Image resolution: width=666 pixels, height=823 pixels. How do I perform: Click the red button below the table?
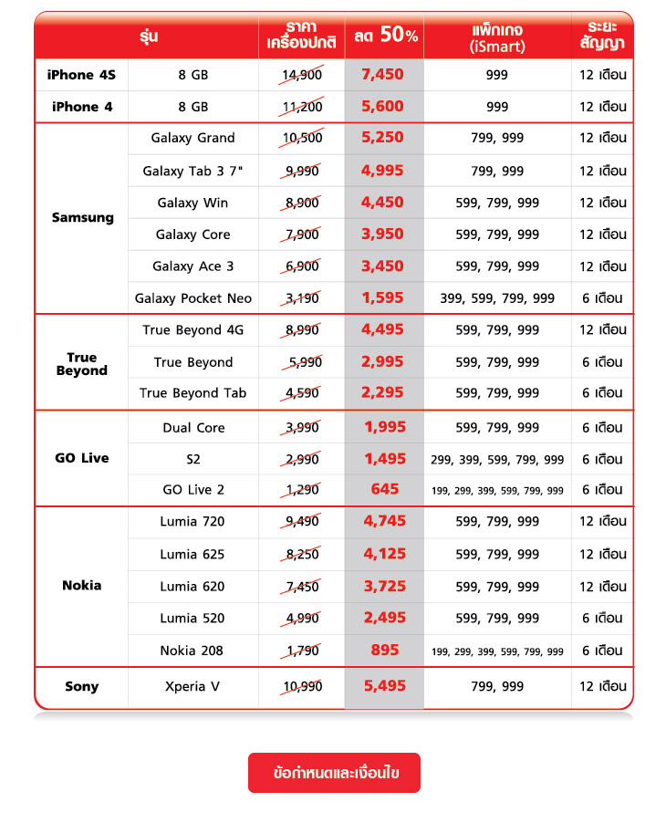(334, 773)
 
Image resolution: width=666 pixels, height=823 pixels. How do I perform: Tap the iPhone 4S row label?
(81, 75)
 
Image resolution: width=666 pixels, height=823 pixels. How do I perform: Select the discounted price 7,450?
(382, 75)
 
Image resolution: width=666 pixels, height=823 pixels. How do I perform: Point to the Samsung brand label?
(83, 218)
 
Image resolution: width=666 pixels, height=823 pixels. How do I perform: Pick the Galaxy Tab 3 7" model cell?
(193, 171)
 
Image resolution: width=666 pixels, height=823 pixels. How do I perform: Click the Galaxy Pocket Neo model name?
(193, 298)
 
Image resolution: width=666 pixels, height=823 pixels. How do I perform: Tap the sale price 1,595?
(382, 298)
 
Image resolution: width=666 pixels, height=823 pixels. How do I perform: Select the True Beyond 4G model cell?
(193, 330)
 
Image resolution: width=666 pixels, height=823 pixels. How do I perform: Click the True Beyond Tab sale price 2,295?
(382, 393)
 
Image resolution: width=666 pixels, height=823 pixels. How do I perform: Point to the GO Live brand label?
(82, 458)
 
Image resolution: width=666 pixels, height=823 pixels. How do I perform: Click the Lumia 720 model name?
(193, 522)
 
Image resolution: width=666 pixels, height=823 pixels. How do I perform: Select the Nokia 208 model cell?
(192, 651)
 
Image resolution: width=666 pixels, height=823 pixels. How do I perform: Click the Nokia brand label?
(82, 586)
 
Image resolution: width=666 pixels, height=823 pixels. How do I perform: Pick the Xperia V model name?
(193, 687)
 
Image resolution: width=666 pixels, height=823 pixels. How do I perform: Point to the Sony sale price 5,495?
(384, 687)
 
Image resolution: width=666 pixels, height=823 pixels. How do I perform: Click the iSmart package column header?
(497, 37)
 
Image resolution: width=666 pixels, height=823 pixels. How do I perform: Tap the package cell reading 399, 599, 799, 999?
(497, 298)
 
